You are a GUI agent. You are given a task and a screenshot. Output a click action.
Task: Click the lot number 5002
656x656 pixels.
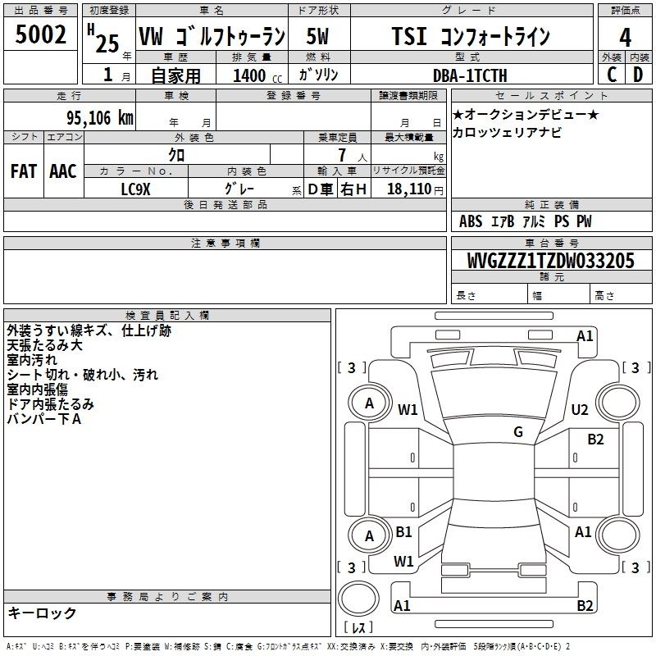tap(40, 34)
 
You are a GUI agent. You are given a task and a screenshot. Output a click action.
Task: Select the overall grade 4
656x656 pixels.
tap(625, 37)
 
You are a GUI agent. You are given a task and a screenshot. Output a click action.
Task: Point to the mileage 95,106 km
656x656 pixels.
tap(99, 118)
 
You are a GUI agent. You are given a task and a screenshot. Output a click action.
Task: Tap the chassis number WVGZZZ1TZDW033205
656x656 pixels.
tap(550, 261)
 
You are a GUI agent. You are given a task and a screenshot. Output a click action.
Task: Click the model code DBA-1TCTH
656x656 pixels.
tap(470, 75)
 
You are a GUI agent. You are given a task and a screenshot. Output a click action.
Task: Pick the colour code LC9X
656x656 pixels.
tap(135, 189)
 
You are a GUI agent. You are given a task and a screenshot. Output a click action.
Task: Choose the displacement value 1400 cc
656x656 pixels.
tap(257, 75)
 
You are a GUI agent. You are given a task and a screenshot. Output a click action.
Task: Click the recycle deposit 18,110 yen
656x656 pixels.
tap(415, 189)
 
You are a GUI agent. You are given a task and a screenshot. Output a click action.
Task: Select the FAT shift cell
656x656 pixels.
tap(24, 171)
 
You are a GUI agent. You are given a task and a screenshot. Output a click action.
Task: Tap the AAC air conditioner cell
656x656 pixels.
tap(63, 171)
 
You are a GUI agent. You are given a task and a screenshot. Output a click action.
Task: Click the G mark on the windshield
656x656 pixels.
tap(518, 431)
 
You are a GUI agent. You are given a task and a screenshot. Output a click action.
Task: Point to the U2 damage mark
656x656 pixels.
tap(580, 409)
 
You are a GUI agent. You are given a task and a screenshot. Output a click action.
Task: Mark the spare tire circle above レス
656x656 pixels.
tap(358, 599)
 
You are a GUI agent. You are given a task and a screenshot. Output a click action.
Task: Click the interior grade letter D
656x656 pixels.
tap(638, 75)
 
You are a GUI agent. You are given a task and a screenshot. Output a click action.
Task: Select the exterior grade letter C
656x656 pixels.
tap(612, 75)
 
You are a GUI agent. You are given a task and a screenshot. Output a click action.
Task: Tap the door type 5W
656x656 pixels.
tap(317, 36)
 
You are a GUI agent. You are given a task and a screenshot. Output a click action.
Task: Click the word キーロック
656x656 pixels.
tap(42, 613)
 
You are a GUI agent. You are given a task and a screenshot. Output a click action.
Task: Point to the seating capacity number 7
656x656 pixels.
tap(342, 155)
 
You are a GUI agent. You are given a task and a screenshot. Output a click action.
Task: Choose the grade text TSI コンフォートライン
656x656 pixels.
tap(471, 36)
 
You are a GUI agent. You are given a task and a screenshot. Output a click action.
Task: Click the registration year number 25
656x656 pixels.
tap(107, 43)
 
